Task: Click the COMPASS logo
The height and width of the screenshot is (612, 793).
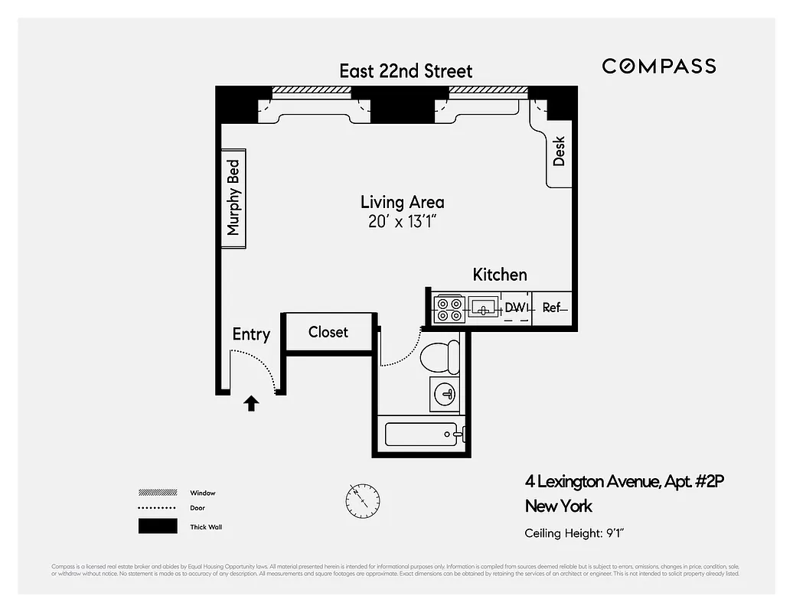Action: click(658, 66)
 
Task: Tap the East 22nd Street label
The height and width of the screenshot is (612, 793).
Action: click(406, 71)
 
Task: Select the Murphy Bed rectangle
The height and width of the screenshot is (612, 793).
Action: click(233, 198)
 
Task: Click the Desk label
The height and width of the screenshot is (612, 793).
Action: click(559, 151)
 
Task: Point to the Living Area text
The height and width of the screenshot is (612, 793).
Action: click(402, 203)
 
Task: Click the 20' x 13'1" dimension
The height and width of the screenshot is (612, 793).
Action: click(402, 222)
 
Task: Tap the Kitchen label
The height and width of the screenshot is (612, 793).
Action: click(499, 275)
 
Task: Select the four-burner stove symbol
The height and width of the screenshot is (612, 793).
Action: click(448, 309)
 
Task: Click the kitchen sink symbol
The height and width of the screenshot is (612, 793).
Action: click(483, 308)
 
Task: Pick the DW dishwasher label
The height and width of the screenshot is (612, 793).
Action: click(515, 308)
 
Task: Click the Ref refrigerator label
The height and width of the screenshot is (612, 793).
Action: click(552, 308)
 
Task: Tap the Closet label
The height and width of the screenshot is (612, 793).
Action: click(328, 332)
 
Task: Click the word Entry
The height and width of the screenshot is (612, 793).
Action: click(251, 334)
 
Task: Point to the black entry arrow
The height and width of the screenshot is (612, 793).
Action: click(251, 403)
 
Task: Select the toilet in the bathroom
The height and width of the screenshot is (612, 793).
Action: click(440, 356)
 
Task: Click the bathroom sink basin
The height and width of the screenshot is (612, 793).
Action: click(444, 394)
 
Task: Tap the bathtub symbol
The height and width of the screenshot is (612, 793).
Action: click(421, 435)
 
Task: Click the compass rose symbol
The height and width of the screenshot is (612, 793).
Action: click(361, 499)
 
